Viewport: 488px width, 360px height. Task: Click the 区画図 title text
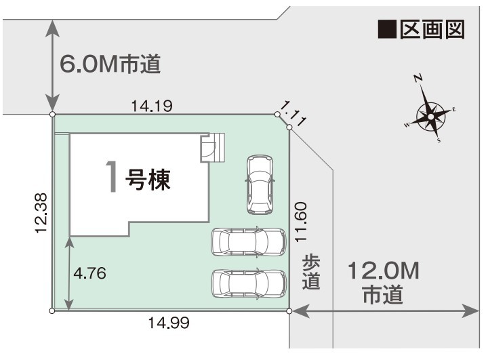pyautogui.click(x=432, y=30)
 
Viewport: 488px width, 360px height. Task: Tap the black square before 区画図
pyautogui.click(x=387, y=30)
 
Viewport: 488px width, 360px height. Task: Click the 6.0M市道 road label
pyautogui.click(x=110, y=64)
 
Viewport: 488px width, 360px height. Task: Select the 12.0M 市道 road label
pyautogui.click(x=384, y=282)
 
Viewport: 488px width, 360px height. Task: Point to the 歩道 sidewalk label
pyautogui.click(x=311, y=272)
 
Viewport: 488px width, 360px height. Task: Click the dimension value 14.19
pyautogui.click(x=152, y=106)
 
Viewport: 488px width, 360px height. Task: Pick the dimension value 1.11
pyautogui.click(x=293, y=115)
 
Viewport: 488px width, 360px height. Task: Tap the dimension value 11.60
pyautogui.click(x=301, y=222)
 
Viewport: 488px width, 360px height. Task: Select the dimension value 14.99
pyautogui.click(x=169, y=323)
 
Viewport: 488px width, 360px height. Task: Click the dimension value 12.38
pyautogui.click(x=41, y=214)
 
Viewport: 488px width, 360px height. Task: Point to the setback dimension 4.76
pyautogui.click(x=89, y=273)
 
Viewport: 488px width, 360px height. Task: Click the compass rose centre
pyautogui.click(x=431, y=117)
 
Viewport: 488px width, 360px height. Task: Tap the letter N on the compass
pyautogui.click(x=418, y=78)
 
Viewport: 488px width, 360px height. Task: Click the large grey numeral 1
pyautogui.click(x=112, y=176)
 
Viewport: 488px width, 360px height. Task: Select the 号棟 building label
pyautogui.click(x=148, y=180)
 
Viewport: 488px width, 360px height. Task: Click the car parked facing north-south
pyautogui.click(x=260, y=184)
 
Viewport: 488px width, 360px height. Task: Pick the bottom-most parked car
pyautogui.click(x=249, y=283)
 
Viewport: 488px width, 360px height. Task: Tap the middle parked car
pyautogui.click(x=248, y=242)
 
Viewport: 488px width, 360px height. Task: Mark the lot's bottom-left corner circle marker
pyautogui.click(x=52, y=311)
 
